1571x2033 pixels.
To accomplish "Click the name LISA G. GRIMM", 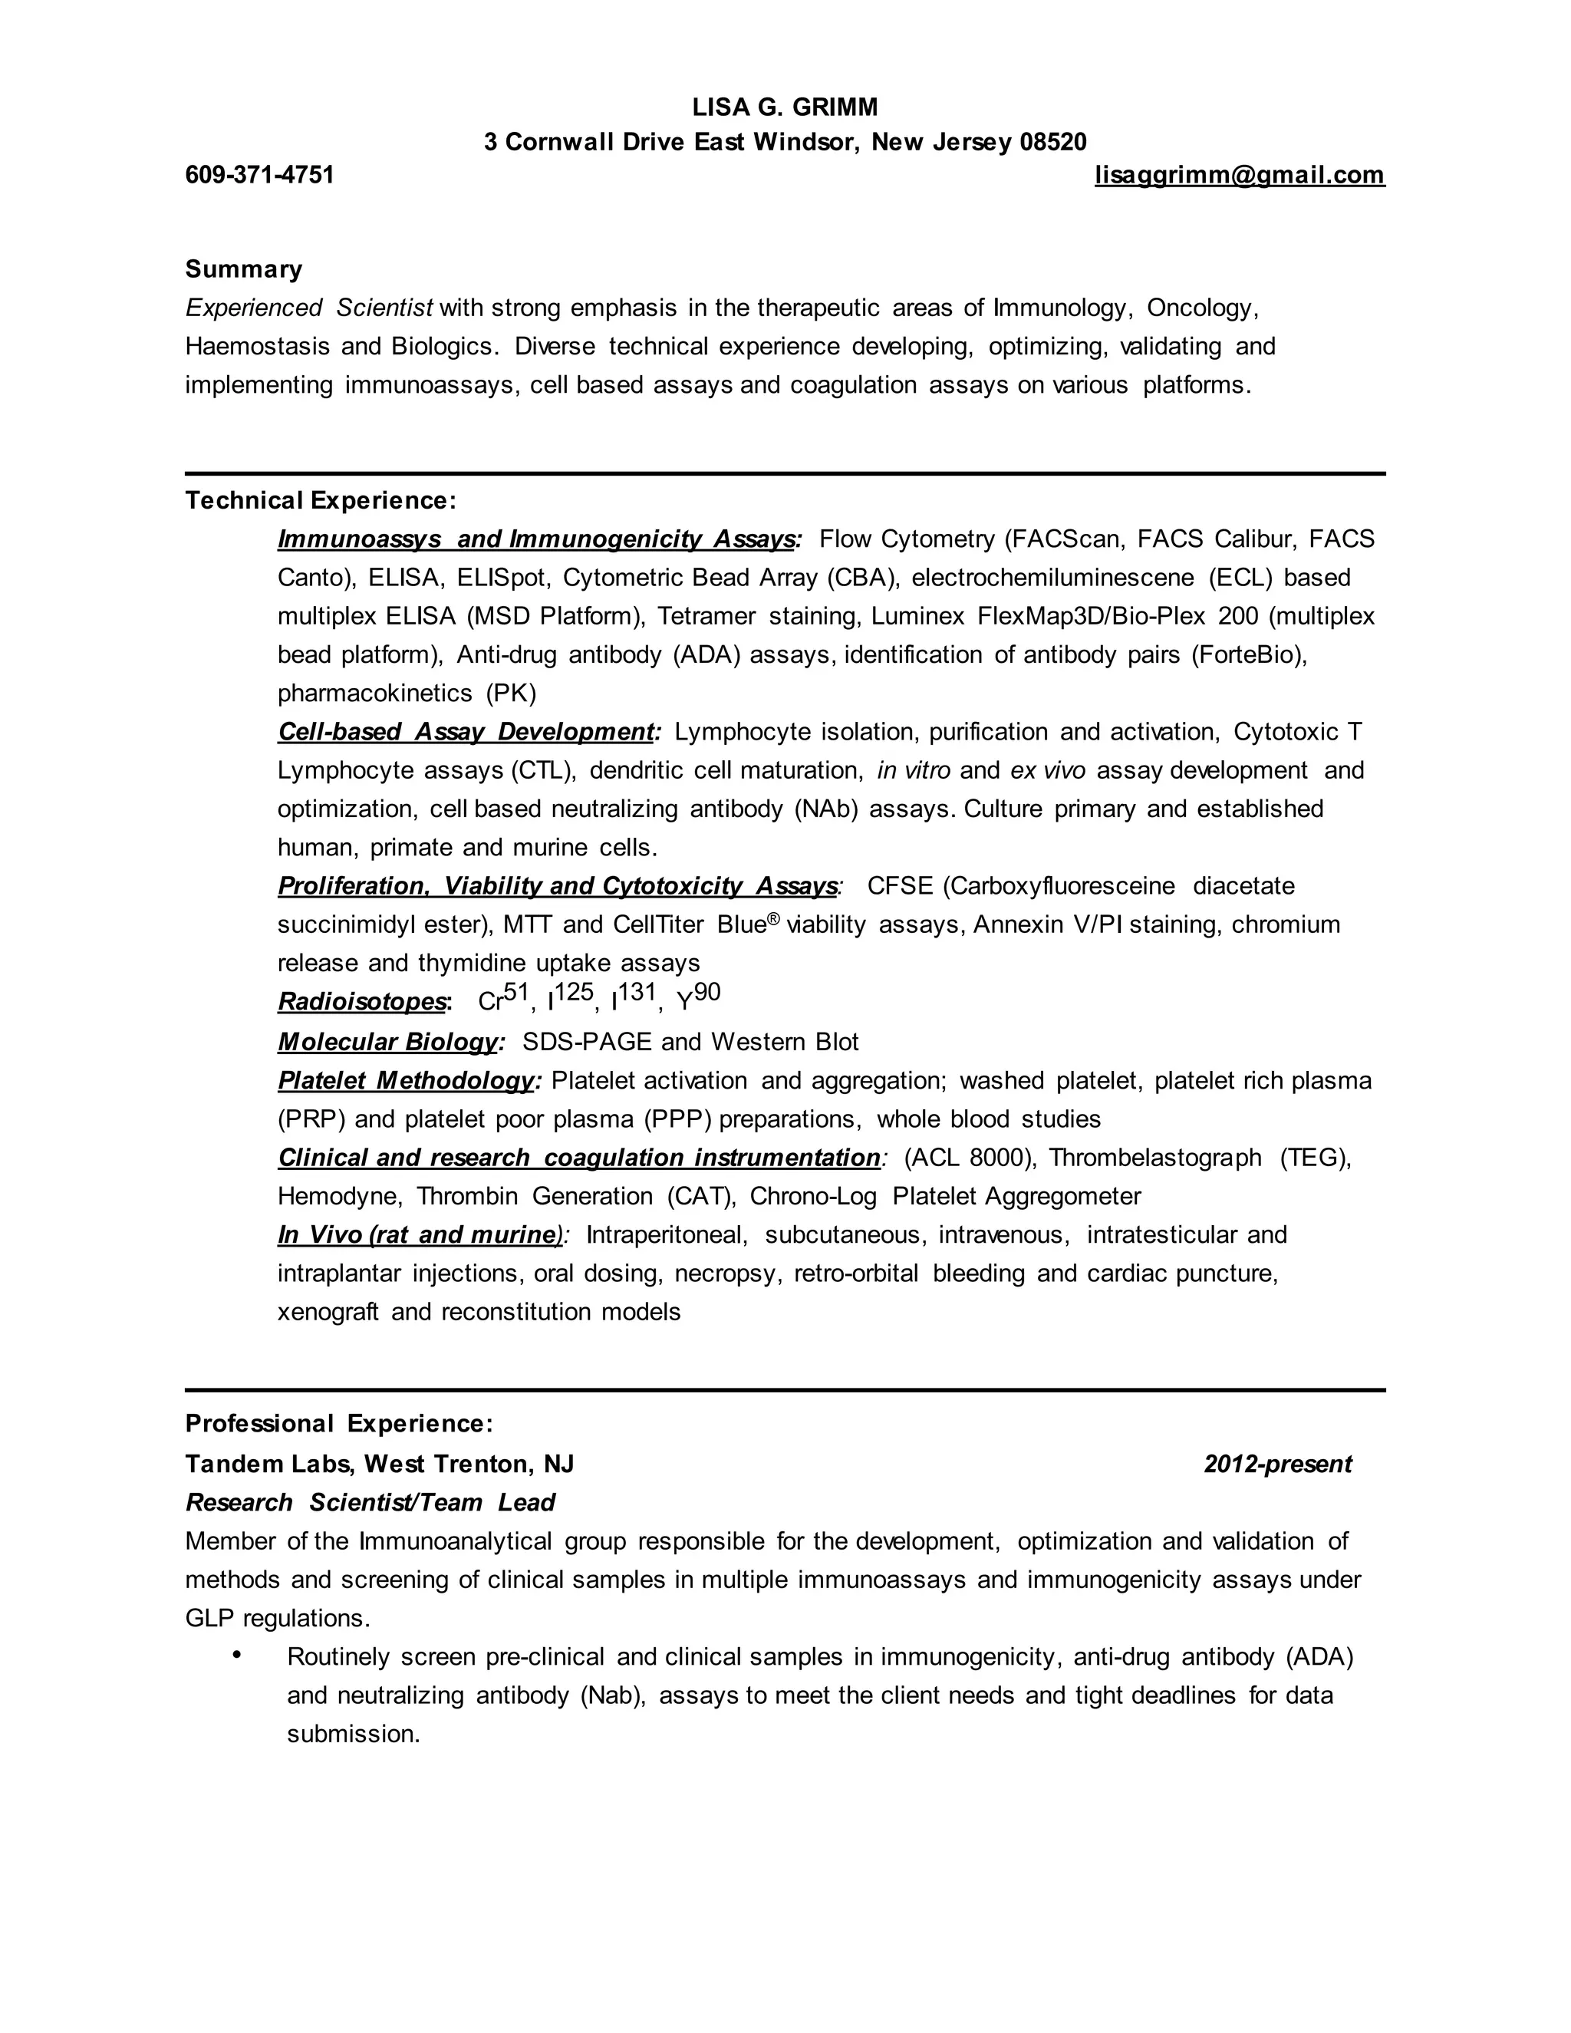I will pos(785,108).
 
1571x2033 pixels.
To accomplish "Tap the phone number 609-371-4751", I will pos(260,175).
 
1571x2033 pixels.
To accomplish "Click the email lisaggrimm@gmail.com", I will pos(1240,175).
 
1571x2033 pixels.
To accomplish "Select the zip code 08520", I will pos(1052,143).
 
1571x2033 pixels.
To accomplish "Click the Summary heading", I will pos(244,269).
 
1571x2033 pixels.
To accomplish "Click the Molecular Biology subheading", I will pos(390,1042).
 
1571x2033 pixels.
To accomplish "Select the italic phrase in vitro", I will pos(913,771).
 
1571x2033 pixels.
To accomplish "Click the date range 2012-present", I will pos(1277,1465).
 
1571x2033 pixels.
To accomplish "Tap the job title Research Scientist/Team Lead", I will pos(370,1502).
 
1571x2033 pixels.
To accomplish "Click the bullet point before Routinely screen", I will pos(237,1654).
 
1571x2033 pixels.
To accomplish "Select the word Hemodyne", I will pos(340,1196).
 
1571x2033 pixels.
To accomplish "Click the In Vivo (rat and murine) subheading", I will pos(420,1235).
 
